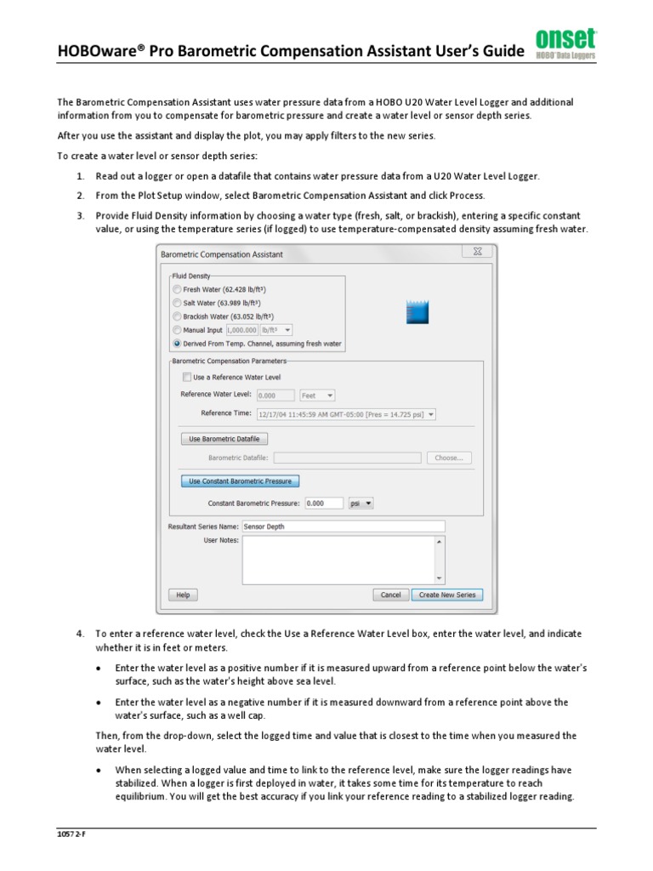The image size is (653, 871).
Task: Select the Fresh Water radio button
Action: (x=177, y=290)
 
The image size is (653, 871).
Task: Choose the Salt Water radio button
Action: (x=177, y=303)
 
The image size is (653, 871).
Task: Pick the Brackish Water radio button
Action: (x=177, y=316)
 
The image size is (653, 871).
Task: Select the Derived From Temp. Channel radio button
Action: (x=177, y=344)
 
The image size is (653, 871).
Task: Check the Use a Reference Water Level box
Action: (x=187, y=377)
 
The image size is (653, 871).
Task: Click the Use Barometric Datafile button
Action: (x=224, y=439)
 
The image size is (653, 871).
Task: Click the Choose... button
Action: (x=448, y=458)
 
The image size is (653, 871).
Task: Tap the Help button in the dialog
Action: (x=183, y=595)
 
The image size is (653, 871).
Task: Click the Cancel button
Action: (x=390, y=595)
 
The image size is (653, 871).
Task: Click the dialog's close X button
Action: (x=478, y=253)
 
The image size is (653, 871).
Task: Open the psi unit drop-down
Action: (x=361, y=504)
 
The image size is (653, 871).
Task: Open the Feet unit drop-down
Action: (x=318, y=396)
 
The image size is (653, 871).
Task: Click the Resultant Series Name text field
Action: (x=343, y=527)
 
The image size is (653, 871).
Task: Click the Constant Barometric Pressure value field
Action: (x=323, y=504)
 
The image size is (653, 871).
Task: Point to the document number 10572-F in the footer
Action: (x=72, y=834)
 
